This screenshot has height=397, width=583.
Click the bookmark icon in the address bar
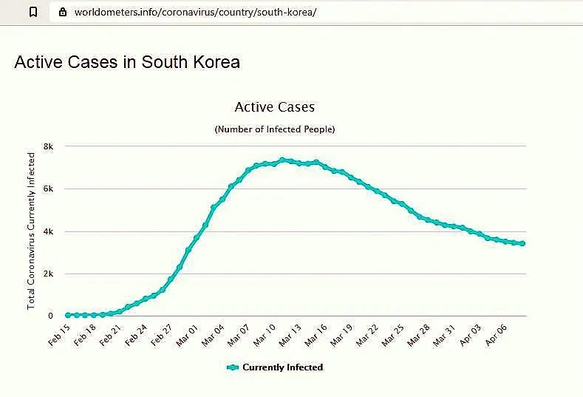[x=33, y=12]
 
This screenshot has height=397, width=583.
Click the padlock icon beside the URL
[x=62, y=12]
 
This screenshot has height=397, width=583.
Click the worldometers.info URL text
[x=195, y=12]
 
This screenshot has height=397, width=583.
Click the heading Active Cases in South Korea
[x=127, y=61]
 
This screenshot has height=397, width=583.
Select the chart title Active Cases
[x=274, y=107]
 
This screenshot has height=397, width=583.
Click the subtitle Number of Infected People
[x=274, y=129]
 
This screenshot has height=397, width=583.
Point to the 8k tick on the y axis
[x=49, y=146]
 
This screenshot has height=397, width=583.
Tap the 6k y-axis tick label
[x=49, y=189]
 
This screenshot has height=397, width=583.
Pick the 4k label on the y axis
[x=49, y=231]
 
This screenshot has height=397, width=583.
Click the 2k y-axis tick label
[x=49, y=274]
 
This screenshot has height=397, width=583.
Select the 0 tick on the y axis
[x=50, y=316]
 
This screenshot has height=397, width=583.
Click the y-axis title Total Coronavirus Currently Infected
[x=32, y=231]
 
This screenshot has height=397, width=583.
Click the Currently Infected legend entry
[x=275, y=367]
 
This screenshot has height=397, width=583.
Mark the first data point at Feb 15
[x=68, y=315]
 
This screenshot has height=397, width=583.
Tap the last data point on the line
[x=522, y=243]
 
